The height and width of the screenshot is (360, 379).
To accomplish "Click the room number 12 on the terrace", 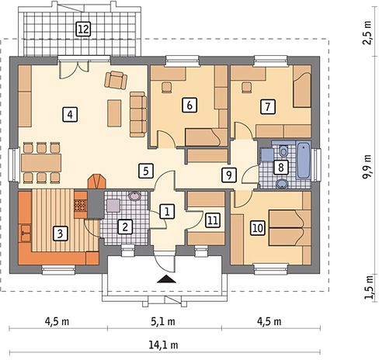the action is [83, 29].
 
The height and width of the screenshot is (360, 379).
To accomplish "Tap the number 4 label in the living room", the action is [70, 114].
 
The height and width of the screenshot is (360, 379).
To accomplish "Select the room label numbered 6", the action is [189, 106].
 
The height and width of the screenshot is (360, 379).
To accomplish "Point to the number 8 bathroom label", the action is [281, 168].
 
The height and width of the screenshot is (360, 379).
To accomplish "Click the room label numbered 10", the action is [258, 228].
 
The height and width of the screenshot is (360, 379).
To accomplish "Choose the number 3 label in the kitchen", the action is [60, 234].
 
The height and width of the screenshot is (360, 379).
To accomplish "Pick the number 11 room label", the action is [213, 220].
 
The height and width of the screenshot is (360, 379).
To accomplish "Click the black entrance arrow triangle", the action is [166, 279].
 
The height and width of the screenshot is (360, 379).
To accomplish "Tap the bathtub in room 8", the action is [303, 160].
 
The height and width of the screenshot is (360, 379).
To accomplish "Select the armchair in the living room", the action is [116, 80].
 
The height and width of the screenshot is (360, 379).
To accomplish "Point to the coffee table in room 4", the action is [114, 113].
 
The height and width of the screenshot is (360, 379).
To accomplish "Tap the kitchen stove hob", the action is [81, 206].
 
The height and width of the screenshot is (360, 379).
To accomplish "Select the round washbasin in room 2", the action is [134, 196].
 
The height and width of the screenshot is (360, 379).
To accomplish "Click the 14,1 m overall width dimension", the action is [164, 344].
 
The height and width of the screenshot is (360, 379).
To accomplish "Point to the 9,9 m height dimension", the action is [367, 167].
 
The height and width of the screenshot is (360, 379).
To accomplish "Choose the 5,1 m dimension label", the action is [163, 322].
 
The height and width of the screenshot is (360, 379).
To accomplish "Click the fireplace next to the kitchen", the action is [97, 182].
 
